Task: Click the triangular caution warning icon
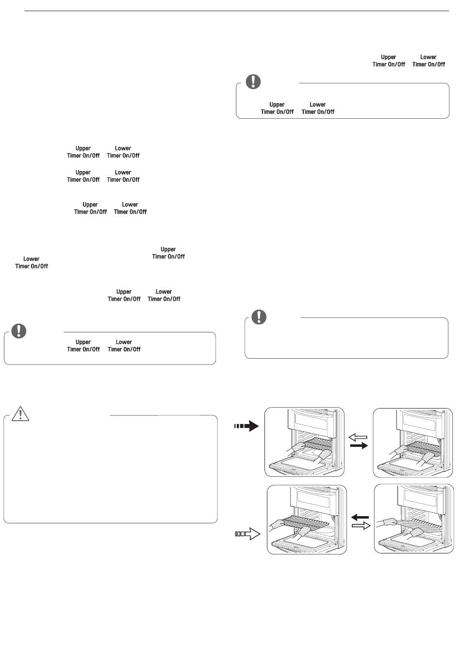tap(20, 413)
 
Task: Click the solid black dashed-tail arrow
tap(247, 426)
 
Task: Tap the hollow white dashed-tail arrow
tap(247, 534)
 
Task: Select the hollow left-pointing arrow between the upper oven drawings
tap(358, 437)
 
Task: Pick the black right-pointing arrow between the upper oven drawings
tap(359, 445)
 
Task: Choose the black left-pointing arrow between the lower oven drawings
tap(360, 517)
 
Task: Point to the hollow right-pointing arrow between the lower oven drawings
tap(361, 525)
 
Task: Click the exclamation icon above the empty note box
tap(259, 316)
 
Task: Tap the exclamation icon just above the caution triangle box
tap(18, 331)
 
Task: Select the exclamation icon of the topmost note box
tap(253, 81)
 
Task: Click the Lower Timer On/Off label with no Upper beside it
tap(32, 263)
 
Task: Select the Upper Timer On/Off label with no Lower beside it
tap(168, 252)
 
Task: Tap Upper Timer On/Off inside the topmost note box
tap(277, 108)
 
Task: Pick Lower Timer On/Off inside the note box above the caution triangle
tap(124, 346)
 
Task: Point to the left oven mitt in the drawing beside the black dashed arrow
tap(298, 446)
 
